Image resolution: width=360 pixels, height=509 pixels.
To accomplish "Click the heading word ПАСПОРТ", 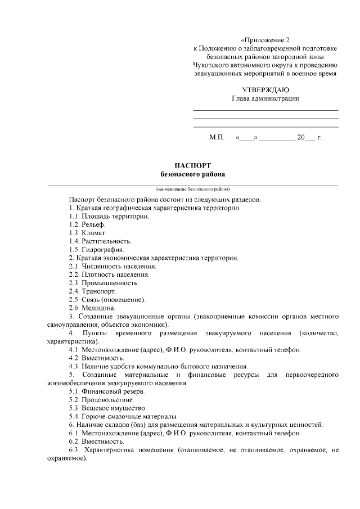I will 192,166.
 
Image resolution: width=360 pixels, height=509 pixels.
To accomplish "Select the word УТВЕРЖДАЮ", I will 265,90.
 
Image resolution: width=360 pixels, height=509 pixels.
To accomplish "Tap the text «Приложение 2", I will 264,40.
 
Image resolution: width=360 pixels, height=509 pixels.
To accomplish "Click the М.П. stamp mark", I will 217,137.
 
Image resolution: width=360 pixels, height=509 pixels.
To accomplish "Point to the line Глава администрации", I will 265,98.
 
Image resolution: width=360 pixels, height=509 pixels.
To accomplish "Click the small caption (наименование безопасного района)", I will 192,189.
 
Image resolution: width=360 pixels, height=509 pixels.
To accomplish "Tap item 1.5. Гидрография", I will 96,249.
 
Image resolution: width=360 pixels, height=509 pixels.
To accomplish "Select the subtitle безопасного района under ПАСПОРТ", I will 192,174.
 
